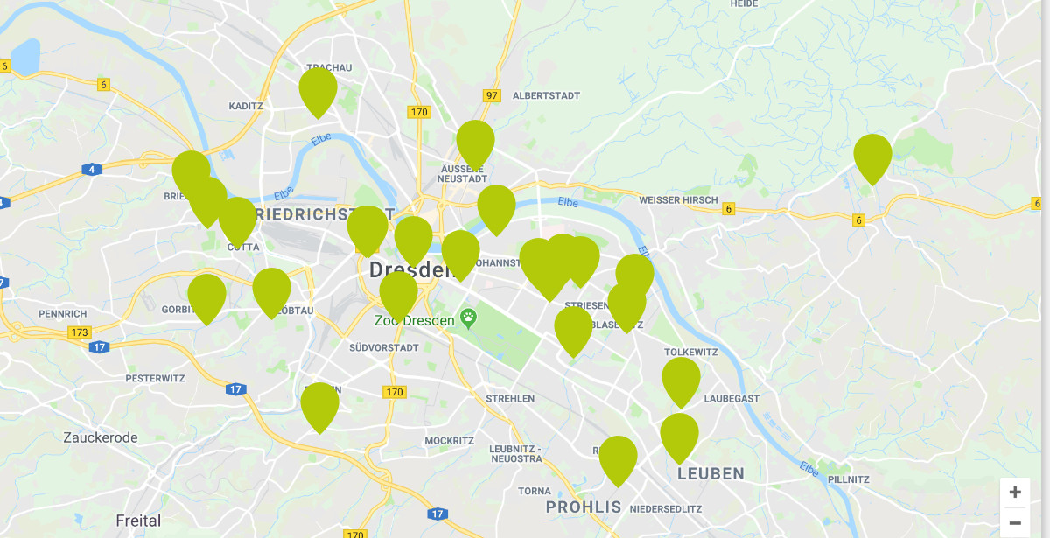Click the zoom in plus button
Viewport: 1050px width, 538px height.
pyautogui.click(x=1015, y=493)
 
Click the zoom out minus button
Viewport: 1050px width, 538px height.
pyautogui.click(x=1015, y=522)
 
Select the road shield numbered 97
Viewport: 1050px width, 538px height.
pyautogui.click(x=492, y=95)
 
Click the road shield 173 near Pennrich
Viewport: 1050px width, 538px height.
pyautogui.click(x=80, y=332)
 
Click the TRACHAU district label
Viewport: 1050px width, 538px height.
pyautogui.click(x=329, y=67)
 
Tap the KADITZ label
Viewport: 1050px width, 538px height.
pyautogui.click(x=245, y=106)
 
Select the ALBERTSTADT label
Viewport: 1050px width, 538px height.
pyautogui.click(x=546, y=95)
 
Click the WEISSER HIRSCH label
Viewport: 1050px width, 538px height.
pyautogui.click(x=678, y=200)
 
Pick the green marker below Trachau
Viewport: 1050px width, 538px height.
pyautogui.click(x=318, y=89)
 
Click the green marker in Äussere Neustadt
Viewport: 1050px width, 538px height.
pyautogui.click(x=475, y=142)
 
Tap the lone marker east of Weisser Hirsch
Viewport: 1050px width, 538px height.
pyautogui.click(x=872, y=156)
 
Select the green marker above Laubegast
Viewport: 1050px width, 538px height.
pyautogui.click(x=681, y=379)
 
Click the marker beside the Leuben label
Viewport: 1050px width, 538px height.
pyautogui.click(x=679, y=435)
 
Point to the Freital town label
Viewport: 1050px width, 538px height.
pyautogui.click(x=138, y=521)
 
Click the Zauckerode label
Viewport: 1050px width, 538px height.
pyautogui.click(x=100, y=437)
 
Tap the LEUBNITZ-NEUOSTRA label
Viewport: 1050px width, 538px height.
pyautogui.click(x=516, y=453)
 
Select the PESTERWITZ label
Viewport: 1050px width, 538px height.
pyautogui.click(x=156, y=378)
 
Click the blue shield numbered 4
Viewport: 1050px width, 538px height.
pyautogui.click(x=92, y=169)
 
